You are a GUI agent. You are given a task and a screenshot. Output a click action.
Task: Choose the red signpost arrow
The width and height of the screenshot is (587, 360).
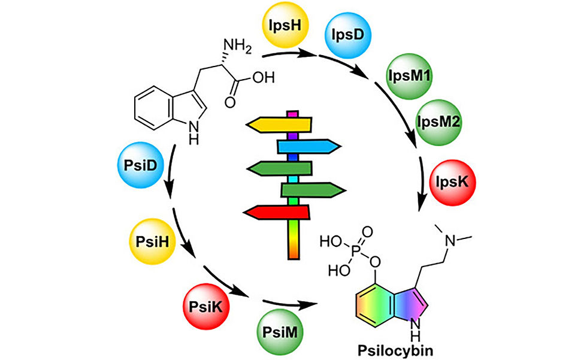click(277, 211)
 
